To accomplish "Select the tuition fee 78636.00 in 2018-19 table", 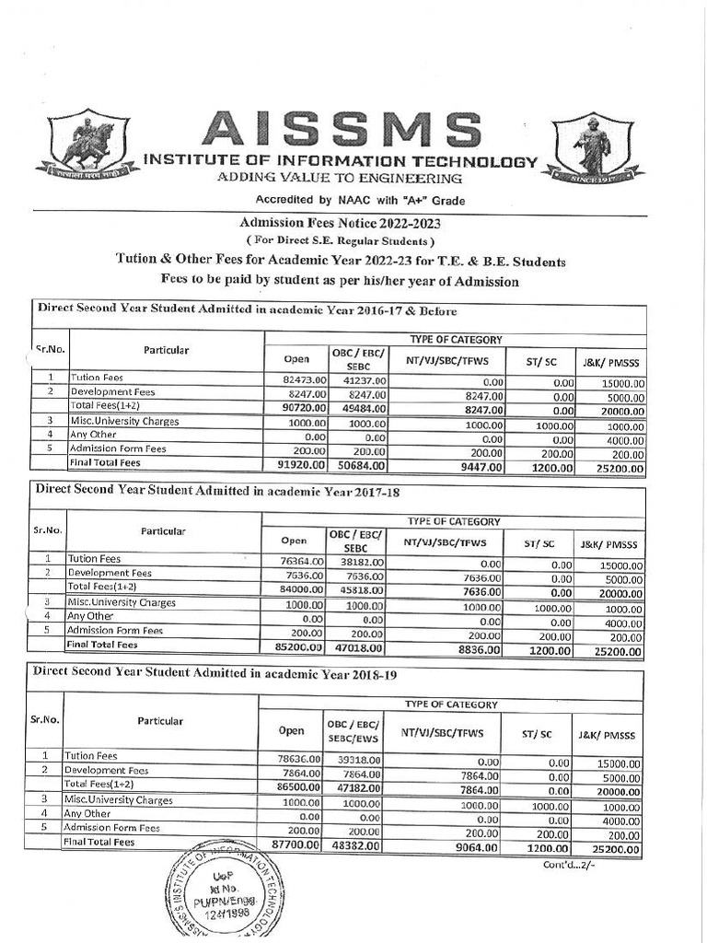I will pyautogui.click(x=294, y=758).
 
